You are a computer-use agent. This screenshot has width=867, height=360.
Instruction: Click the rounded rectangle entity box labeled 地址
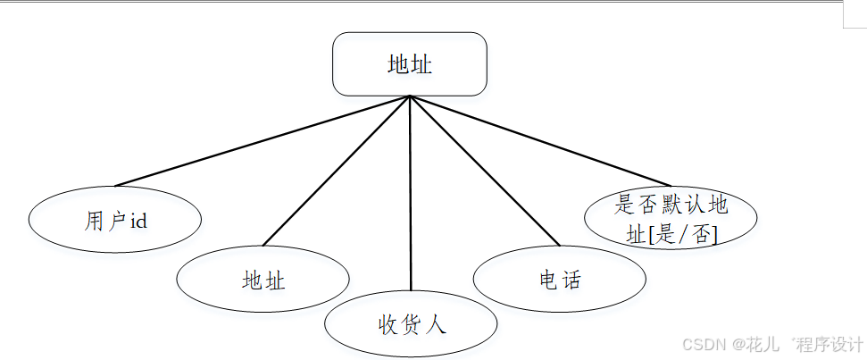tap(410, 63)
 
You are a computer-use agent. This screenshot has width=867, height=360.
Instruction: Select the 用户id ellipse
tap(114, 221)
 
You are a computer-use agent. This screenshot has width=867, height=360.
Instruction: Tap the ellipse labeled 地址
tap(263, 280)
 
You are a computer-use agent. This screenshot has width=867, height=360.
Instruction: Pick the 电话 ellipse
tap(560, 280)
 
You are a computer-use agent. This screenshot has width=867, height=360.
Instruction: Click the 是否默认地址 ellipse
tap(671, 218)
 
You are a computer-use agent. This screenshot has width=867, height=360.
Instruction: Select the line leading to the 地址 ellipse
tap(335, 171)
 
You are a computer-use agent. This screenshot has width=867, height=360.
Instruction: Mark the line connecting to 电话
tap(485, 171)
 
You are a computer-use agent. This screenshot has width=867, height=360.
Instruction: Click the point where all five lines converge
tap(410, 96)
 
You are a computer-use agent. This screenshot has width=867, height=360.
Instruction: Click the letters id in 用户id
tap(138, 221)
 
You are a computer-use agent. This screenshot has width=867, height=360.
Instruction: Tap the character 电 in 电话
tap(548, 280)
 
